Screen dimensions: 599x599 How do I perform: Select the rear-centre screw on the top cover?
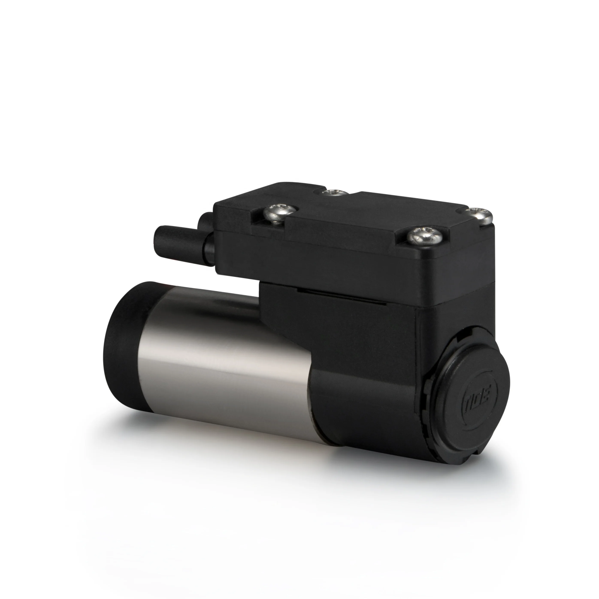[334, 193]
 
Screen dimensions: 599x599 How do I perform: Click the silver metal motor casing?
[217, 357]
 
